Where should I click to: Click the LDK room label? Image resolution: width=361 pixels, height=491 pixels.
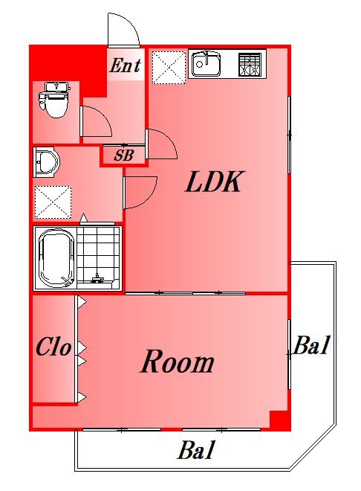[x=213, y=182]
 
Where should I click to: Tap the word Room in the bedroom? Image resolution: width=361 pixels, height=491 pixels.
[x=177, y=362]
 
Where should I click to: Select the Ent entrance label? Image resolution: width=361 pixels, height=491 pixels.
[x=125, y=65]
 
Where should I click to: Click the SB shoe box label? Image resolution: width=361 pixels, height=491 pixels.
[x=124, y=155]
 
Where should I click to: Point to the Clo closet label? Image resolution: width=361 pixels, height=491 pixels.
[x=53, y=347]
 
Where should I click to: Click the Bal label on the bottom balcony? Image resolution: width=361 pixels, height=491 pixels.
[x=197, y=449]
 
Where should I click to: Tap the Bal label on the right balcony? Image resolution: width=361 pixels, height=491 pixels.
[x=311, y=345]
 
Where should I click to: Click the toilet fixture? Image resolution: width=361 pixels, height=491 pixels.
[x=53, y=99]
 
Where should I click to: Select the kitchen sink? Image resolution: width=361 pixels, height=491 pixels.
[x=206, y=65]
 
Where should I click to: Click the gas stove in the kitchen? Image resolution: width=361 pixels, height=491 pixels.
[x=250, y=65]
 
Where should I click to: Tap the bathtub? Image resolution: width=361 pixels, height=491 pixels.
[x=56, y=258]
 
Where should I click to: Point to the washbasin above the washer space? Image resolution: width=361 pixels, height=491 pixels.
[x=47, y=162]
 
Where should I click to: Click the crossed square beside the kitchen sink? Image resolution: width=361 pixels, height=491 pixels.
[x=169, y=67]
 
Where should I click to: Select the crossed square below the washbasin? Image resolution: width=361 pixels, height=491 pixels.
[x=53, y=202]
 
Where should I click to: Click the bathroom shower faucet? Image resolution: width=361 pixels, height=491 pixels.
[x=97, y=278]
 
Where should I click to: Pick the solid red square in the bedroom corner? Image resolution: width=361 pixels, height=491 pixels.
[x=279, y=420]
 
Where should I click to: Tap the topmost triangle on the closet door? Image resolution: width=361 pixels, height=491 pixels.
[x=82, y=302]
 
